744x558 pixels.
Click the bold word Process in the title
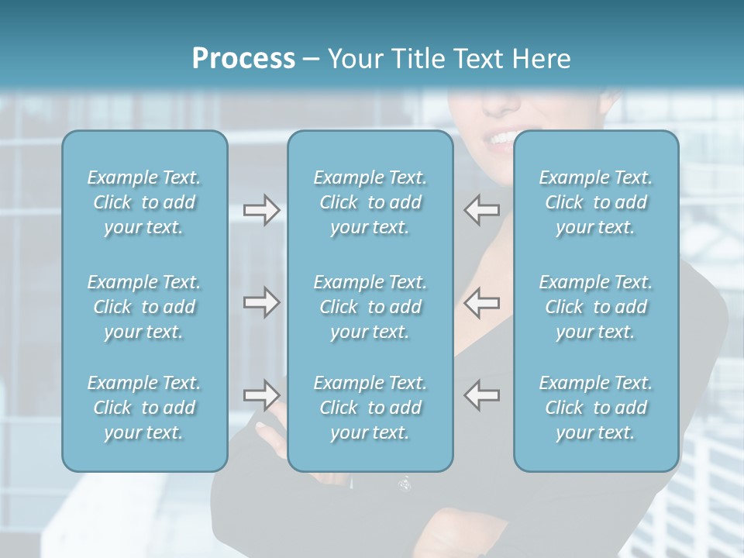(x=243, y=59)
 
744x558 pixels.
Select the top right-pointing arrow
(x=261, y=210)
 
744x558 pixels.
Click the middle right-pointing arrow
(x=261, y=302)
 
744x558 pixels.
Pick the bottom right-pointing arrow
(x=261, y=394)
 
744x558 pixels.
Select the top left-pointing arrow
(x=482, y=210)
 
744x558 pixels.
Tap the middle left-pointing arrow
(x=482, y=302)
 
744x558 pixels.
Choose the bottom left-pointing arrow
(x=482, y=394)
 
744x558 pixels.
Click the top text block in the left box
(x=144, y=202)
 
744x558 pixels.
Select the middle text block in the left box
(x=144, y=307)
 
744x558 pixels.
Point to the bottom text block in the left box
(x=144, y=408)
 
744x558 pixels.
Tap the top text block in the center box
(x=370, y=202)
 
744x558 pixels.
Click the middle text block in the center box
(x=370, y=307)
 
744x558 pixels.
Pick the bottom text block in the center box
(x=370, y=408)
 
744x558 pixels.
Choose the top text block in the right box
(x=596, y=202)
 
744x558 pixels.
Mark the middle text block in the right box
(x=596, y=307)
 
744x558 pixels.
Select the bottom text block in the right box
(x=596, y=408)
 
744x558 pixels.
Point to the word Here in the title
(x=542, y=59)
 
